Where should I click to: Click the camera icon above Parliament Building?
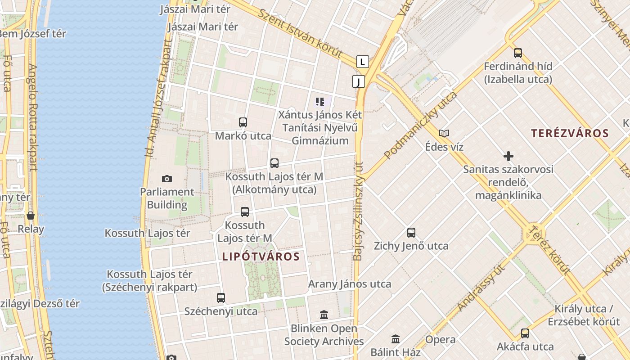pyautogui.click(x=167, y=179)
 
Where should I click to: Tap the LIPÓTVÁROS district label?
pyautogui.click(x=261, y=256)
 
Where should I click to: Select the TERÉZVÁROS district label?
pyautogui.click(x=570, y=133)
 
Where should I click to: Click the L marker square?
pyautogui.click(x=362, y=62)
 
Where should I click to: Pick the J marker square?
pyautogui.click(x=358, y=81)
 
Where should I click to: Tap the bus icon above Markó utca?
pyautogui.click(x=243, y=122)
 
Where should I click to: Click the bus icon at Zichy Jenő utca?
pyautogui.click(x=411, y=233)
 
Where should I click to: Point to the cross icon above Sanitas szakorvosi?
pyautogui.click(x=508, y=156)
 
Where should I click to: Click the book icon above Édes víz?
pyautogui.click(x=444, y=133)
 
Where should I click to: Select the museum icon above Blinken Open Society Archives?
pyautogui.click(x=324, y=315)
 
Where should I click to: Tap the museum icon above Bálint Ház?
pyautogui.click(x=396, y=339)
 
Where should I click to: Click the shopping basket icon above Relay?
pyautogui.click(x=31, y=216)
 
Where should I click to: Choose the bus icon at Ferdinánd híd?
pyautogui.click(x=518, y=53)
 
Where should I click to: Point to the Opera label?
pyautogui.click(x=441, y=340)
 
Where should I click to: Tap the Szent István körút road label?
pyautogui.click(x=304, y=34)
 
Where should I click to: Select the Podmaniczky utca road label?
pyautogui.click(x=420, y=125)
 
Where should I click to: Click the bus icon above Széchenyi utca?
pyautogui.click(x=221, y=297)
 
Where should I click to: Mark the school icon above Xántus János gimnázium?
pyautogui.click(x=320, y=101)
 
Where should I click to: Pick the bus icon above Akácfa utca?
pyautogui.click(x=525, y=333)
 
